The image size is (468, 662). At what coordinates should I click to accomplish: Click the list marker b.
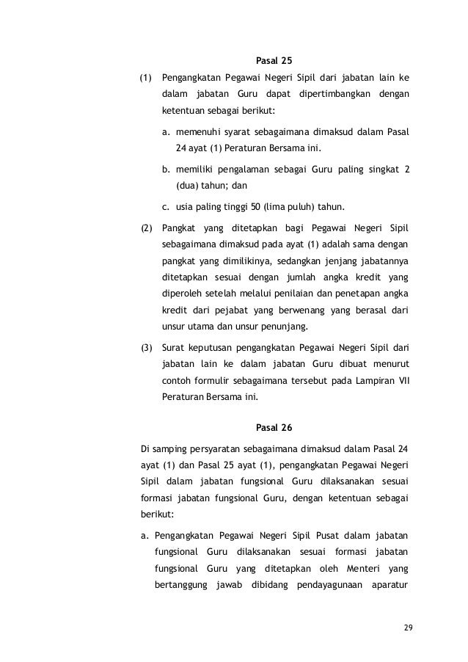pos(166,170)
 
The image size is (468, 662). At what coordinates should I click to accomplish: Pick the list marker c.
pos(166,204)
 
